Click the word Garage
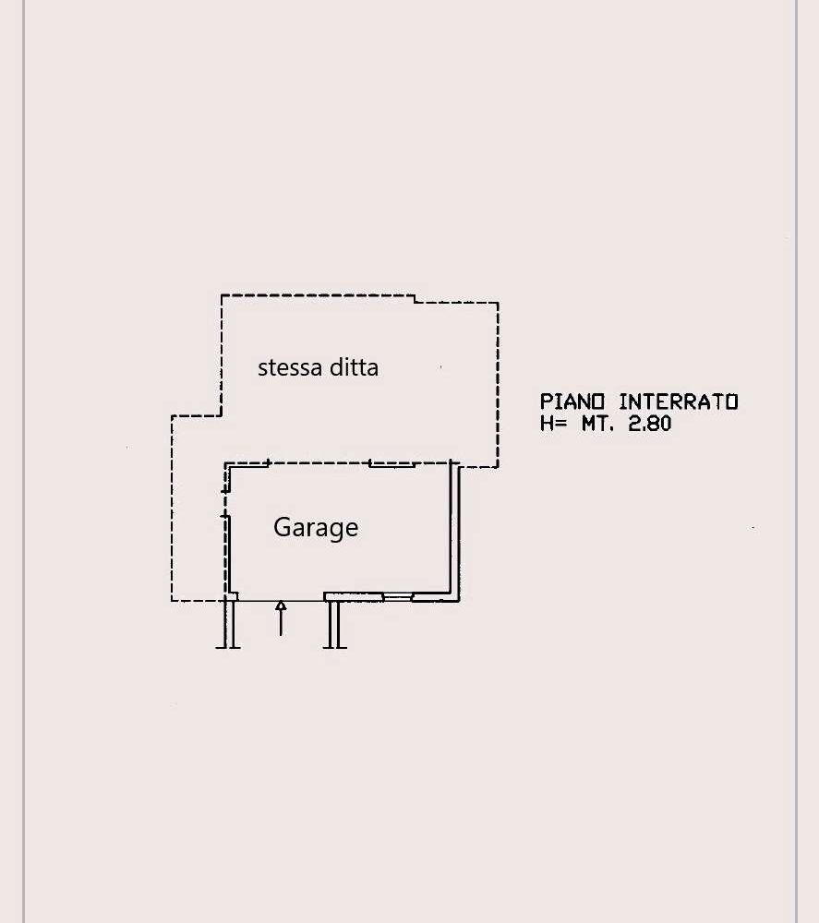click(316, 527)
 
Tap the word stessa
click(290, 367)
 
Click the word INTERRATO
click(679, 402)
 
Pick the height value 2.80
click(649, 424)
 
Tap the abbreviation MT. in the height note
click(597, 424)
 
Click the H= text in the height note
click(553, 424)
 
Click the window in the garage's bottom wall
click(397, 597)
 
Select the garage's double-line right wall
click(454, 531)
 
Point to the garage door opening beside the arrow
click(281, 601)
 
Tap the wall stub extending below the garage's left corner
click(228, 625)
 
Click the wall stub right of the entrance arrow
click(334, 625)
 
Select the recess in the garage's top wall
click(391, 464)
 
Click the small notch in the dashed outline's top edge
click(415, 299)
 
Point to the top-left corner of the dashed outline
click(222, 295)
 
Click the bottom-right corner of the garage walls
click(459, 601)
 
